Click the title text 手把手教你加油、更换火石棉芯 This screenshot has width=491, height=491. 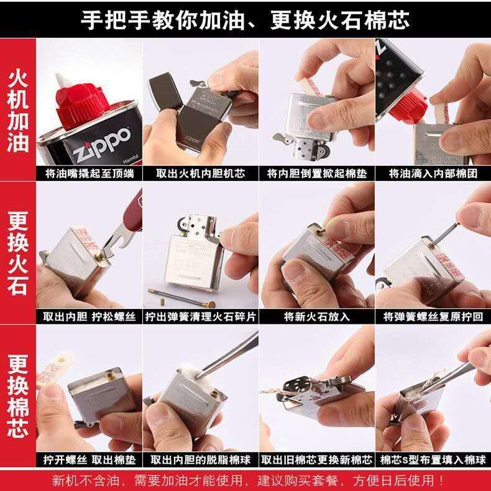coord(245,19)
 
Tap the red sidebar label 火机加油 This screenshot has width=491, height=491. coord(18,111)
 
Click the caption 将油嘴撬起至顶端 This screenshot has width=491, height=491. coord(89,173)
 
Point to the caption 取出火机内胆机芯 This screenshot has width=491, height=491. coord(201,173)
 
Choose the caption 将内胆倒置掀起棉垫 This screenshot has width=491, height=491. coord(317,173)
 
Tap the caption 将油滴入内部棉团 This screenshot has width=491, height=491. coord(433,173)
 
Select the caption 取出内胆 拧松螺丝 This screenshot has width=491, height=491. coord(89,316)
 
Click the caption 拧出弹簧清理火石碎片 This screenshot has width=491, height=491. coord(201,316)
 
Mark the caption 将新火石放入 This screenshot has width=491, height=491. coord(317,316)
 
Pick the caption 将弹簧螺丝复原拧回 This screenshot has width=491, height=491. coord(433,316)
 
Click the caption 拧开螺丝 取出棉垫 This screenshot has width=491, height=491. coord(89,460)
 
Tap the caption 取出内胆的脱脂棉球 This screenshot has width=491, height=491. coord(201,460)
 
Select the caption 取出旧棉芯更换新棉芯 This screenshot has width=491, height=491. coord(317,460)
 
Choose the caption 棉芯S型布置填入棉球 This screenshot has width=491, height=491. coord(433,460)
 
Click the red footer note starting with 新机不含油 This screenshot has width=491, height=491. coord(249,480)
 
